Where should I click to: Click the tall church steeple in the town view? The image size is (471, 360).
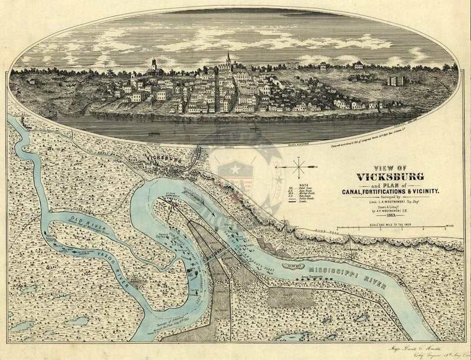click(228, 58)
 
